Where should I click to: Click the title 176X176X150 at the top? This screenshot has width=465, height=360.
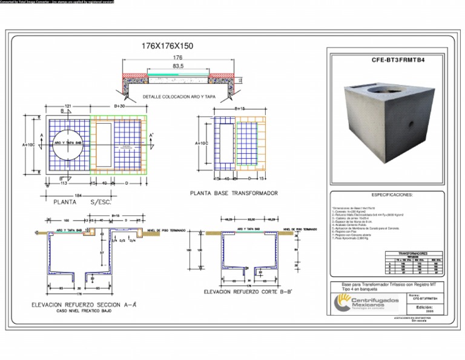pyautogui.click(x=167, y=46)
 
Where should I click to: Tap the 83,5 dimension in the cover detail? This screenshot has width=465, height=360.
pyautogui.click(x=178, y=65)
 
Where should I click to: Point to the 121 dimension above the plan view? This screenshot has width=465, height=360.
pyautogui.click(x=68, y=105)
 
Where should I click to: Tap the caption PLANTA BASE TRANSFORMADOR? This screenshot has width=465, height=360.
pyautogui.click(x=234, y=193)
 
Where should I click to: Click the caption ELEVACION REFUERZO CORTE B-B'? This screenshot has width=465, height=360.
pyautogui.click(x=248, y=292)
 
